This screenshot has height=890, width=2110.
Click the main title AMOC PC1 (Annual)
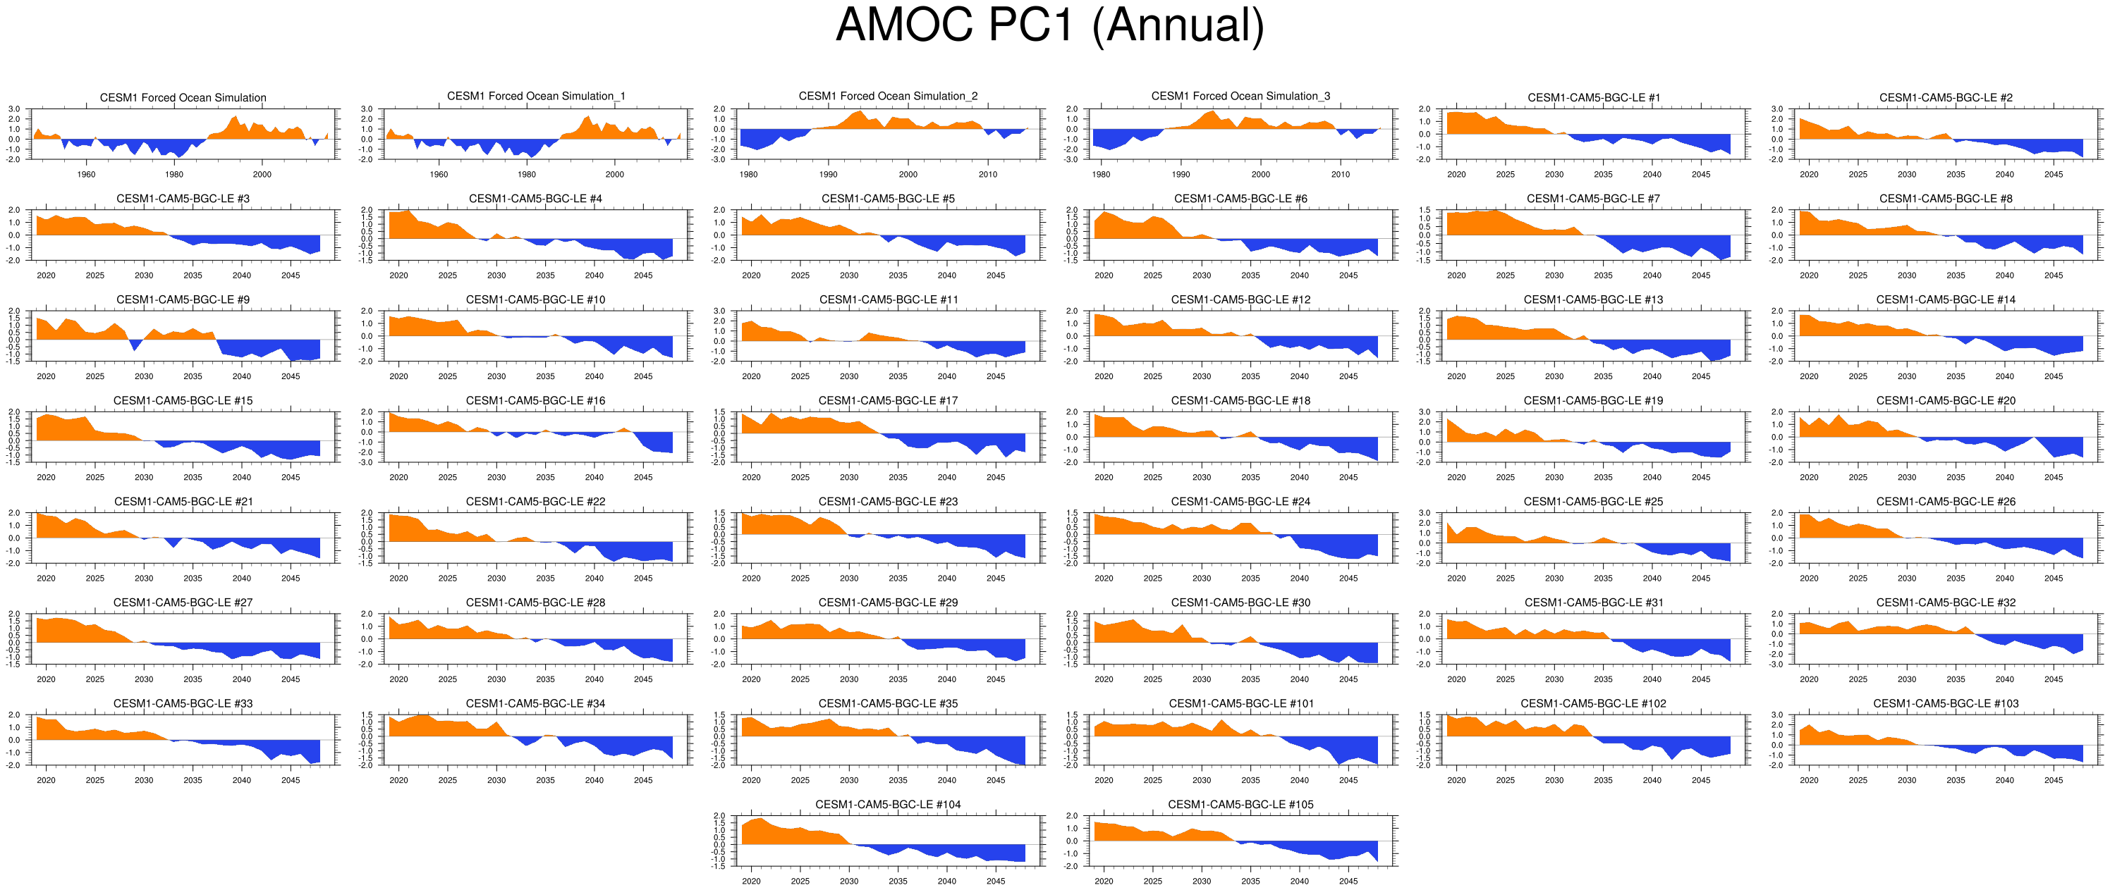pos(1049,26)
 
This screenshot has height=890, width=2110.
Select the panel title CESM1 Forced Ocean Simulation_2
pos(888,97)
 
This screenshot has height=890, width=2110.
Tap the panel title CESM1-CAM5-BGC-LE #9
pos(183,299)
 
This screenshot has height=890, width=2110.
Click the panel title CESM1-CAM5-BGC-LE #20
pos(1946,400)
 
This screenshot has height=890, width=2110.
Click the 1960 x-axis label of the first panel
pos(86,174)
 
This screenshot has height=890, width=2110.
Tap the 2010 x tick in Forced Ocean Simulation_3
pos(1340,174)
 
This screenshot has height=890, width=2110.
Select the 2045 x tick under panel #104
pos(995,881)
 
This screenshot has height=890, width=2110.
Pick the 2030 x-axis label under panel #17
pos(848,477)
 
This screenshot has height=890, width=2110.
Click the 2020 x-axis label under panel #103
pos(1809,780)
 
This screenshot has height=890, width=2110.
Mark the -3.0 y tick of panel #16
pos(366,462)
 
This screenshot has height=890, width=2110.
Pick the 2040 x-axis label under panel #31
pos(1652,679)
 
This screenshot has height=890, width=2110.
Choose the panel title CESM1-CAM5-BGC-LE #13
pos(1592,299)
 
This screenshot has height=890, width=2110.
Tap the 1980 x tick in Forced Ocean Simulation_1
pos(527,174)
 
